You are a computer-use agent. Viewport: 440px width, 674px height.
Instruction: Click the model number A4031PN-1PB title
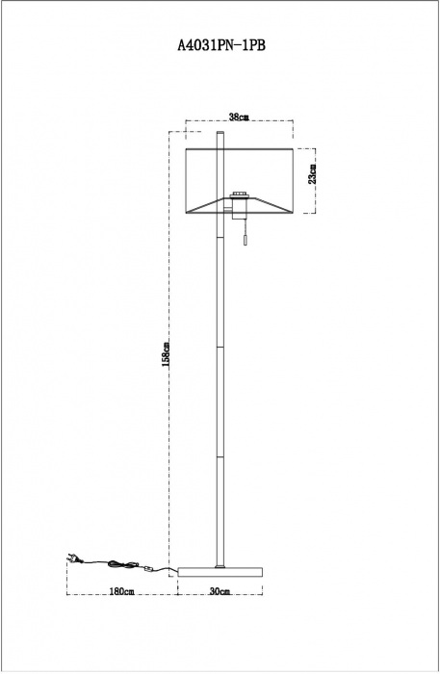click(220, 45)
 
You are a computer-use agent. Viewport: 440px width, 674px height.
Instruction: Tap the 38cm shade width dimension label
click(239, 117)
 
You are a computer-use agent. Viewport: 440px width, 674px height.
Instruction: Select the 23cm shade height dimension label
click(312, 173)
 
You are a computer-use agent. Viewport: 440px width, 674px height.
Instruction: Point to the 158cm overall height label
click(166, 354)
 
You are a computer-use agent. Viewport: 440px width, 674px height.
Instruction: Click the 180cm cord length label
click(122, 591)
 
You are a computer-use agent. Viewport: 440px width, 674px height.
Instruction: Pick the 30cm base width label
click(220, 591)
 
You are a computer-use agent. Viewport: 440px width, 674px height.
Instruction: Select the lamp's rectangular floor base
click(220, 572)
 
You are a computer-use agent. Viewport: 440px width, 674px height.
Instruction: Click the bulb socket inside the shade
click(237, 195)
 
